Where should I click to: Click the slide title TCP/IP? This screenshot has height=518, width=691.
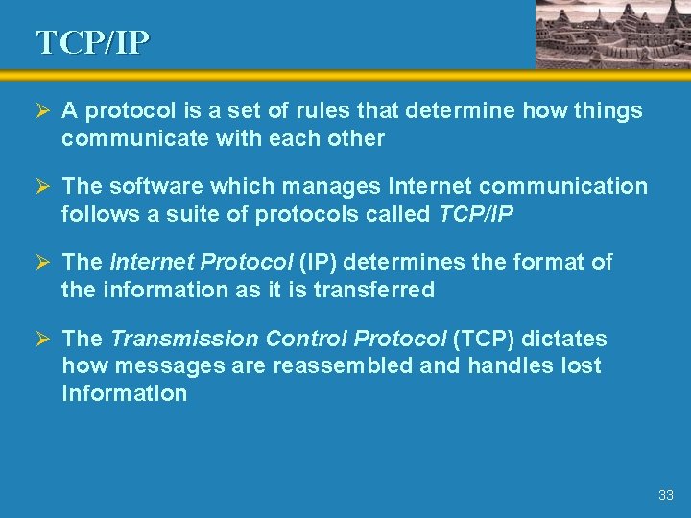pyautogui.click(x=93, y=42)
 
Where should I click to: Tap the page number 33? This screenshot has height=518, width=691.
pyautogui.click(x=666, y=496)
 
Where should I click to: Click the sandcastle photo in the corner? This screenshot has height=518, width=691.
pyautogui.click(x=610, y=34)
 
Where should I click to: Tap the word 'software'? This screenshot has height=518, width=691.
pyautogui.click(x=149, y=186)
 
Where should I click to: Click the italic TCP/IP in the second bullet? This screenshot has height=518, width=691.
pyautogui.click(x=476, y=214)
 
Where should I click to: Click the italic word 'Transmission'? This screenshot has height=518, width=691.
pyautogui.click(x=184, y=339)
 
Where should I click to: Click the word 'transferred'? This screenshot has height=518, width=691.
pyautogui.click(x=378, y=290)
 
